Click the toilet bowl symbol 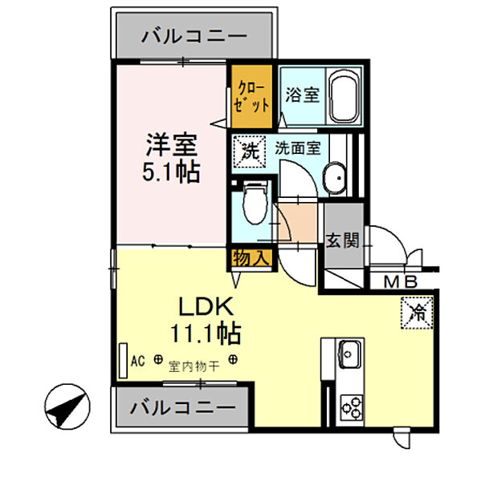(x=255, y=203)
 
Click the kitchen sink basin (x=349, y=354)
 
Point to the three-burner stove (x=352, y=407)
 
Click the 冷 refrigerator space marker (x=417, y=313)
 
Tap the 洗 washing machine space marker (x=249, y=152)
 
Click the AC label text (x=137, y=361)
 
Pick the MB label (x=401, y=282)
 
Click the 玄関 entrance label (x=342, y=240)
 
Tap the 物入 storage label (x=251, y=258)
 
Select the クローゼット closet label (x=251, y=97)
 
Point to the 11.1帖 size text (x=206, y=333)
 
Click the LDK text (x=206, y=307)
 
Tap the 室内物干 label (x=194, y=366)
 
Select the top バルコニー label (x=194, y=37)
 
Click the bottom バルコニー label (x=183, y=408)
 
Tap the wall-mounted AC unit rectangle (x=123, y=361)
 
